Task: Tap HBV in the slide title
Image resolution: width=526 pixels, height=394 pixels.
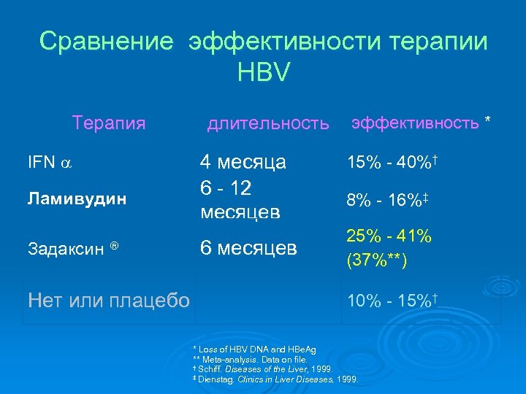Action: pyautogui.click(x=263, y=72)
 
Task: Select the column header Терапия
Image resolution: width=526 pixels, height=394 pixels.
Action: pyautogui.click(x=109, y=123)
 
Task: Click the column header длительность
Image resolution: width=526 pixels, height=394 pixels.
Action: pyautogui.click(x=268, y=124)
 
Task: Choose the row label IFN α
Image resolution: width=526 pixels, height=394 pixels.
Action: pyautogui.click(x=50, y=162)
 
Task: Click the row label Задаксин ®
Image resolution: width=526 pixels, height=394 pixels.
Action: pyautogui.click(x=73, y=248)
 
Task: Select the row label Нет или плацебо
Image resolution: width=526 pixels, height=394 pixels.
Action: pyautogui.click(x=108, y=299)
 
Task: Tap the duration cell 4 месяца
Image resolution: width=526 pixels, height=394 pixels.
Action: pyautogui.click(x=243, y=162)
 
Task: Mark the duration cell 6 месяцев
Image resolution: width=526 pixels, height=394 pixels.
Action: pyautogui.click(x=248, y=248)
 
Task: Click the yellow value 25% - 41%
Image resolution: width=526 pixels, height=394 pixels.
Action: pyautogui.click(x=389, y=237)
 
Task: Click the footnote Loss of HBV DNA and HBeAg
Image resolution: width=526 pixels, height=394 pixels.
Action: pyautogui.click(x=256, y=351)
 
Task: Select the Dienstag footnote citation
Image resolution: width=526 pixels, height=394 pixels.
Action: pyautogui.click(x=275, y=379)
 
